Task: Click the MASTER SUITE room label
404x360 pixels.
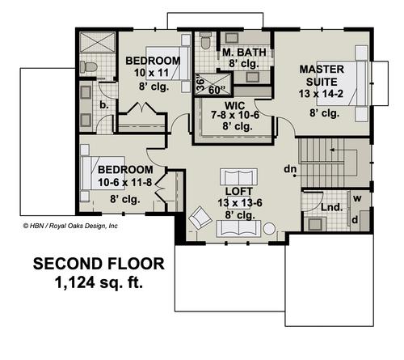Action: point(322,75)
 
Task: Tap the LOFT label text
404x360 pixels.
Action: point(239,191)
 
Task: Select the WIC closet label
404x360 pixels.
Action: point(235,105)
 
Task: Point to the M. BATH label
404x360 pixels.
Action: point(244,53)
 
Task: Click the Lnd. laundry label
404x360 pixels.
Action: point(332,207)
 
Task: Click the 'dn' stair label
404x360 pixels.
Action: point(290,169)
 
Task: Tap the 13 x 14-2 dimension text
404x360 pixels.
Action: point(321,94)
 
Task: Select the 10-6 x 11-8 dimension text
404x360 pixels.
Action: point(125,182)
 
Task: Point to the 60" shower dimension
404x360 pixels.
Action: point(217,90)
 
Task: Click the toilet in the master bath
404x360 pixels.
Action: point(206,41)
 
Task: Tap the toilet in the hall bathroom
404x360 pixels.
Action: point(88,67)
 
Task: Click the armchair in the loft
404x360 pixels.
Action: point(200,218)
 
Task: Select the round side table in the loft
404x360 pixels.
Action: point(269,229)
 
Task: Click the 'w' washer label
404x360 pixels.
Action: point(357,198)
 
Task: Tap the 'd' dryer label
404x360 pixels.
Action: point(355,220)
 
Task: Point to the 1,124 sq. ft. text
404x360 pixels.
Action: point(99,283)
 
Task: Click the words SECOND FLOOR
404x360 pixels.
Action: point(99,264)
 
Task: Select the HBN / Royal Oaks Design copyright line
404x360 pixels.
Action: point(70,226)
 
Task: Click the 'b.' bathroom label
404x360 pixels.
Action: point(104,105)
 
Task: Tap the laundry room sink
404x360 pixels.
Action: point(315,223)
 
